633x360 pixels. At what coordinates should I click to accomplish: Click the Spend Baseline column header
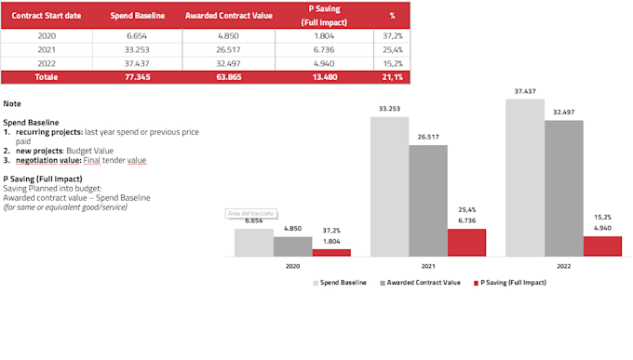137,17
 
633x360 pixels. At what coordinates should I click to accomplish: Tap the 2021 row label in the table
47,49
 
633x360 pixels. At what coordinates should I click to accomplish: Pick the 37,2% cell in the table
392,35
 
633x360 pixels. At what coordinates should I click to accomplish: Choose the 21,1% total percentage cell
392,77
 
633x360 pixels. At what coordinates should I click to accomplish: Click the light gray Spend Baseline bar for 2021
389,186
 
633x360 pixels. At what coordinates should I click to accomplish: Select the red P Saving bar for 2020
331,252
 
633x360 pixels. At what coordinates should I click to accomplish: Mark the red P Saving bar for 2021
466,242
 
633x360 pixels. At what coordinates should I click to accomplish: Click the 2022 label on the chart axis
564,266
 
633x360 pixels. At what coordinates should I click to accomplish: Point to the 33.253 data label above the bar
389,109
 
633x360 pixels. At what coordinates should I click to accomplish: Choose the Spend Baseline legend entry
343,282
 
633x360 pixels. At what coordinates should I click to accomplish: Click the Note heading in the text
12,103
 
